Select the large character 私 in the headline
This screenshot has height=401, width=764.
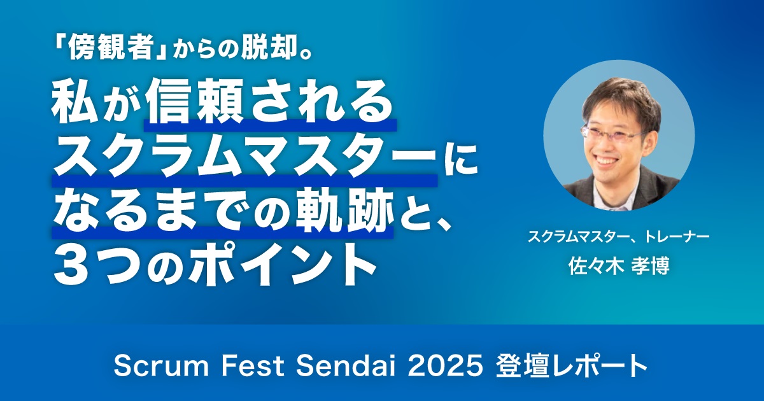click(x=75, y=102)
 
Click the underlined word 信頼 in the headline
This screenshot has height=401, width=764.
click(x=195, y=102)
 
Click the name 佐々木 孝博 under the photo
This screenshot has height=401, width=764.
click(x=618, y=266)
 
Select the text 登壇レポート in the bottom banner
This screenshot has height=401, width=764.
click(x=572, y=367)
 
